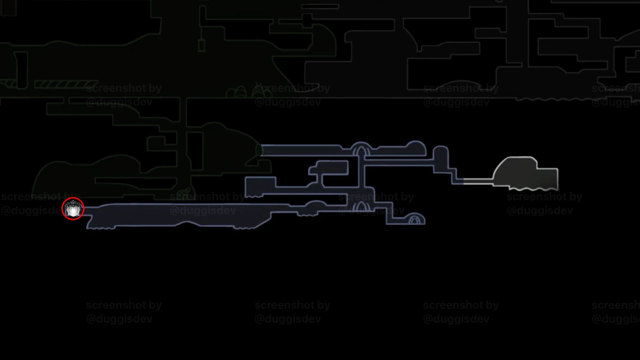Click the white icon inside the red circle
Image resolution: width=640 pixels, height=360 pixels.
click(73, 209)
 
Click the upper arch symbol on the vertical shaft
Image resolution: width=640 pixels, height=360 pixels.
click(361, 150)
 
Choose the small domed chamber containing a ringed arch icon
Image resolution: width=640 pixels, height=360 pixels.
click(416, 219)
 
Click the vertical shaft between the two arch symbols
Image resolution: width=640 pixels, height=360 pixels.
click(361, 178)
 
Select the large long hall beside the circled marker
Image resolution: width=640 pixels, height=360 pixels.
click(175, 216)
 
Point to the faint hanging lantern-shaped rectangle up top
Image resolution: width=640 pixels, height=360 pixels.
click(201, 45)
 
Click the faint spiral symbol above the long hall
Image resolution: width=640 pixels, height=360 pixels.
click(184, 192)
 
